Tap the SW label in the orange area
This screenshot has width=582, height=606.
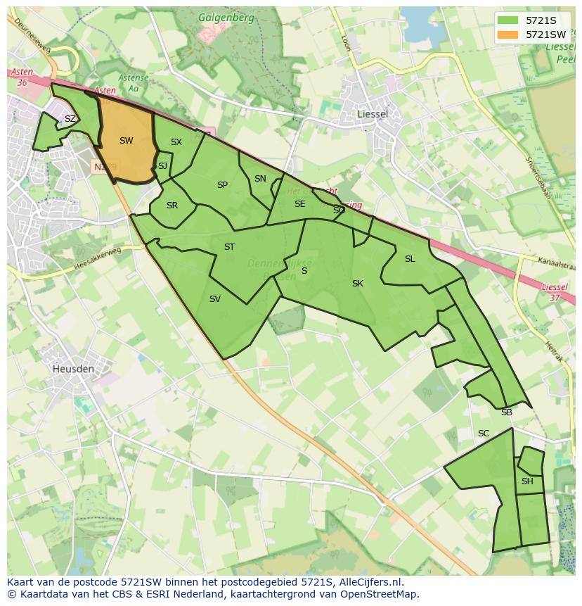pyautogui.click(x=127, y=141)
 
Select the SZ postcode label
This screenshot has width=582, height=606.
pyautogui.click(x=70, y=119)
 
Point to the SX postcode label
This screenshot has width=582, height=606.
pyautogui.click(x=176, y=142)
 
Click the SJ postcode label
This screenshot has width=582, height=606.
pyautogui.click(x=162, y=166)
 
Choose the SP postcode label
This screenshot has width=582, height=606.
pyautogui.click(x=223, y=185)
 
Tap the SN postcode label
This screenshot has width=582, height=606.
pyautogui.click(x=260, y=179)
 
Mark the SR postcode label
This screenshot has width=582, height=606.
pyautogui.click(x=172, y=206)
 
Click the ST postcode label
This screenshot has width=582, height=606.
pyautogui.click(x=229, y=247)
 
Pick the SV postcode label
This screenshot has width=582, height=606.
pyautogui.click(x=215, y=299)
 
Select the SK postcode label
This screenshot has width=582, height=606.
pyautogui.click(x=358, y=284)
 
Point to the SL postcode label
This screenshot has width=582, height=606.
pyautogui.click(x=410, y=259)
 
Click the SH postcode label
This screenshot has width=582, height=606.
pyautogui.click(x=527, y=481)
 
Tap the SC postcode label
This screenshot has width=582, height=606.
pyautogui.click(x=484, y=434)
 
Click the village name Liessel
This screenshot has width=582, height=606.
pyautogui.click(x=373, y=113)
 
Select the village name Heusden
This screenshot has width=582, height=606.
pyautogui.click(x=72, y=368)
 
